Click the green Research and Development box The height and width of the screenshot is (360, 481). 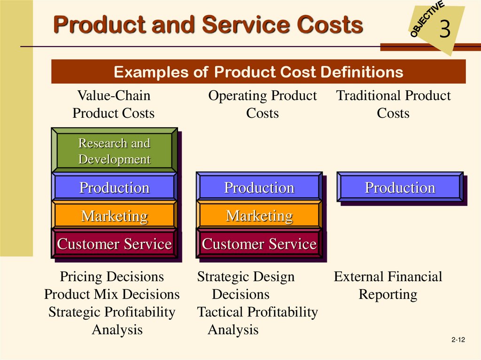115,150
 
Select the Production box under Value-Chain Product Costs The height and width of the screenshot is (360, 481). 115,187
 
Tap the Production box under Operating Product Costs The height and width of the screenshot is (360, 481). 259,187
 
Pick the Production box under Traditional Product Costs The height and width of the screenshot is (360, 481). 400,187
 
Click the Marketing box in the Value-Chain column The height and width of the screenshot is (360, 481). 115,215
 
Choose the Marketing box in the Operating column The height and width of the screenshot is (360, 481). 259,215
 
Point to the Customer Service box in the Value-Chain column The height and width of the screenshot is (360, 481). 115,244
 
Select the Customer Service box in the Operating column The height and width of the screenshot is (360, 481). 259,244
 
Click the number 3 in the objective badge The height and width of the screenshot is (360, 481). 445,29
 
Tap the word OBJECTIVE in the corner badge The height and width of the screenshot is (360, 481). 427,19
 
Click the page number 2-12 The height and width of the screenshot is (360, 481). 458,340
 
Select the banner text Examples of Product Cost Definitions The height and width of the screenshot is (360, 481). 258,72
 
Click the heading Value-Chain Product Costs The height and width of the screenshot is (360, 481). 114,104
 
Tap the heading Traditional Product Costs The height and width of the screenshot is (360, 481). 393,104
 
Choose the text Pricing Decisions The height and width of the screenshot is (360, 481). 112,276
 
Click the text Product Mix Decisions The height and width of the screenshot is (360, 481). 112,294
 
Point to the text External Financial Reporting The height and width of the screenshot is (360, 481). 388,285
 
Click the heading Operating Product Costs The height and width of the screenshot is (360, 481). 263,104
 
